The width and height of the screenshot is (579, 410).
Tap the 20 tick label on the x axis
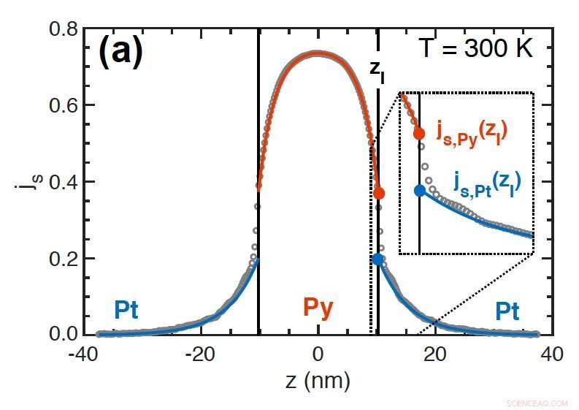pos(435,354)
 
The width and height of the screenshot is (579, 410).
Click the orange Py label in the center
pos(318,309)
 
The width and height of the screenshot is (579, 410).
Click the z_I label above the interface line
pos(377,69)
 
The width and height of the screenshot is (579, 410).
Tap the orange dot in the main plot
pos(378,193)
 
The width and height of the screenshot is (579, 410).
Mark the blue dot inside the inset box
pos(419,190)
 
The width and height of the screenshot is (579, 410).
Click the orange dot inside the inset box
pos(419,133)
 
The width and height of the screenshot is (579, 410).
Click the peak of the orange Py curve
pos(317,53)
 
